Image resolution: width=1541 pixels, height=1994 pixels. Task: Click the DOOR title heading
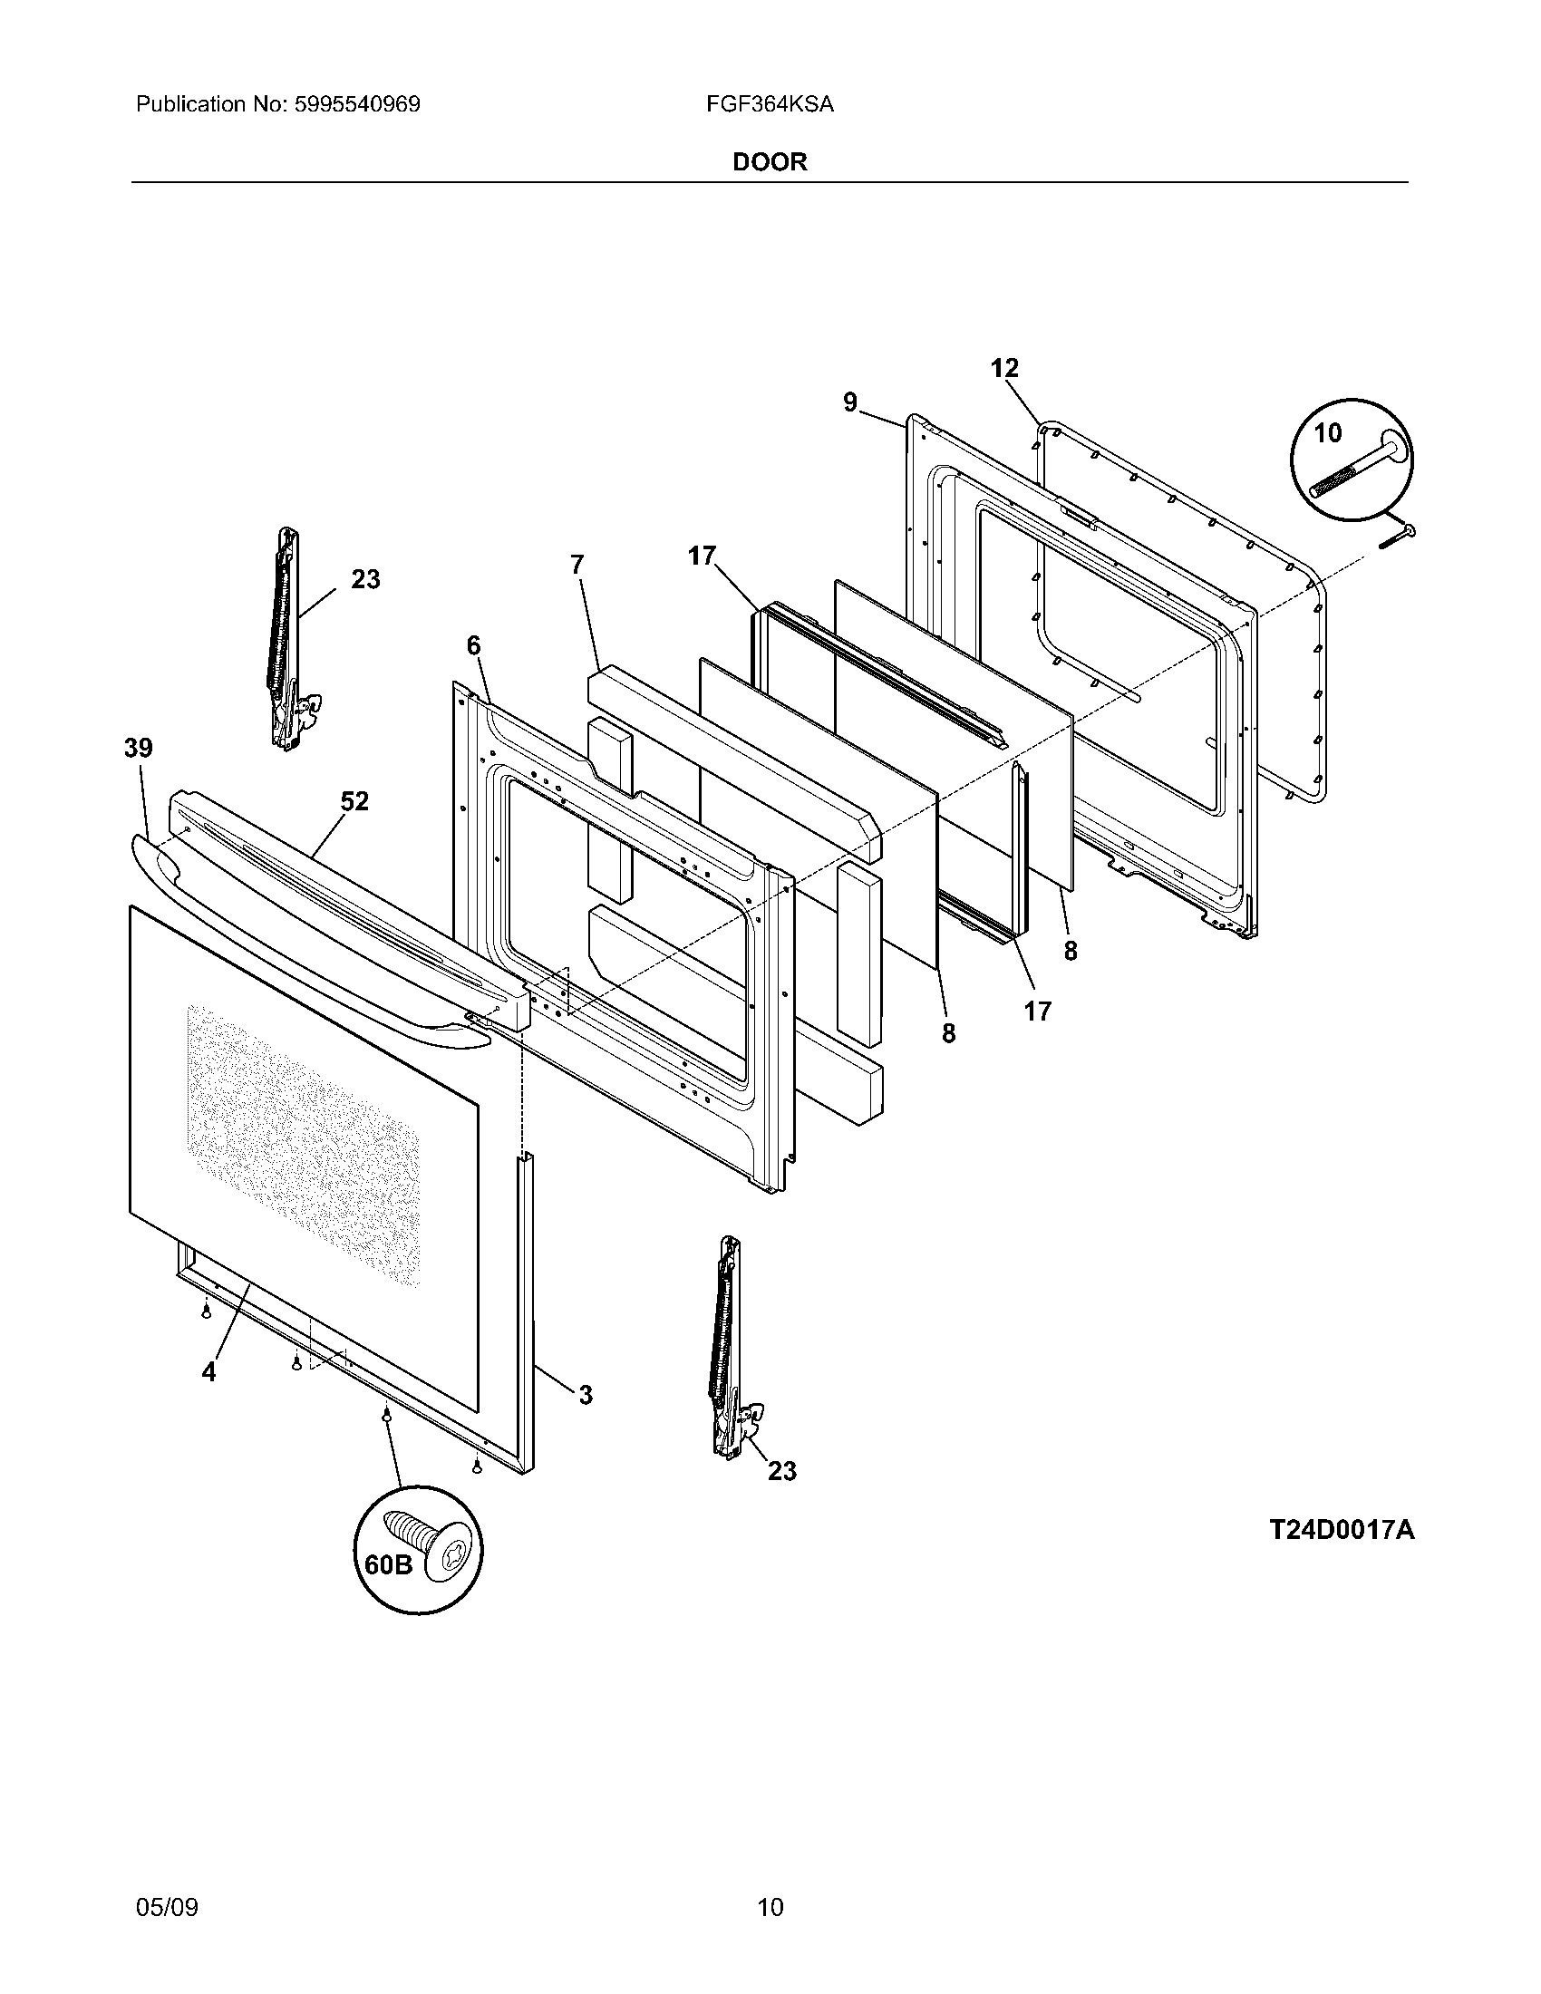(770, 162)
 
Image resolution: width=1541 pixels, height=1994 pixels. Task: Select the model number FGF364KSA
(769, 105)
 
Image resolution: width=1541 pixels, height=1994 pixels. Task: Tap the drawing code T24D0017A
(1341, 1529)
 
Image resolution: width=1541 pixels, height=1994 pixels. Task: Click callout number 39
(139, 749)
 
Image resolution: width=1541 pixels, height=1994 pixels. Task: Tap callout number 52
(354, 801)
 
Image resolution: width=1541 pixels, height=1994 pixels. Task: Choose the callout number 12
(1004, 368)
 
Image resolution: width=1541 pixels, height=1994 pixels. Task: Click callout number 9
(850, 402)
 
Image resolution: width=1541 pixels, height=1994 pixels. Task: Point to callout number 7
(576, 566)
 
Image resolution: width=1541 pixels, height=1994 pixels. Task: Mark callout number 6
(473, 645)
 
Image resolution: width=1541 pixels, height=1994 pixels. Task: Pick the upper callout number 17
(702, 555)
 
